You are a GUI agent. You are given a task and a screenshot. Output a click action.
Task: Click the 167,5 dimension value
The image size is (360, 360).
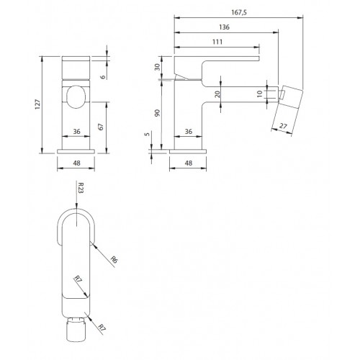click(239, 12)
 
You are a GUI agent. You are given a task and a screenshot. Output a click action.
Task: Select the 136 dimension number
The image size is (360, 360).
click(224, 27)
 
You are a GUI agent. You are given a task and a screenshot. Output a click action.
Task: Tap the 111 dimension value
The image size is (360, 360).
click(217, 42)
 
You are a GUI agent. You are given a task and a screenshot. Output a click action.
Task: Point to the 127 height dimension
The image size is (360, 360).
click(38, 104)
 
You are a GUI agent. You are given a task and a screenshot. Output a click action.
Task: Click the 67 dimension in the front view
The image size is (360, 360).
click(101, 127)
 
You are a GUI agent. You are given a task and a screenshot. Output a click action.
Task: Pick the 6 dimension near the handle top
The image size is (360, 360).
click(103, 77)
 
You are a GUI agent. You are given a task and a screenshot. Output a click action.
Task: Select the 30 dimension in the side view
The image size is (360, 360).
click(157, 67)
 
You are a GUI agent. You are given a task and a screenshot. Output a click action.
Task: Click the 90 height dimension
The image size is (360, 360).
click(157, 113)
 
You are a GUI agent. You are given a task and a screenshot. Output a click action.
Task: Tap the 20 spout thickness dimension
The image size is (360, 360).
click(217, 94)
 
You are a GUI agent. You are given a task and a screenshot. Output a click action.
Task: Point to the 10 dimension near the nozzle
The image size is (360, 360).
click(260, 94)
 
